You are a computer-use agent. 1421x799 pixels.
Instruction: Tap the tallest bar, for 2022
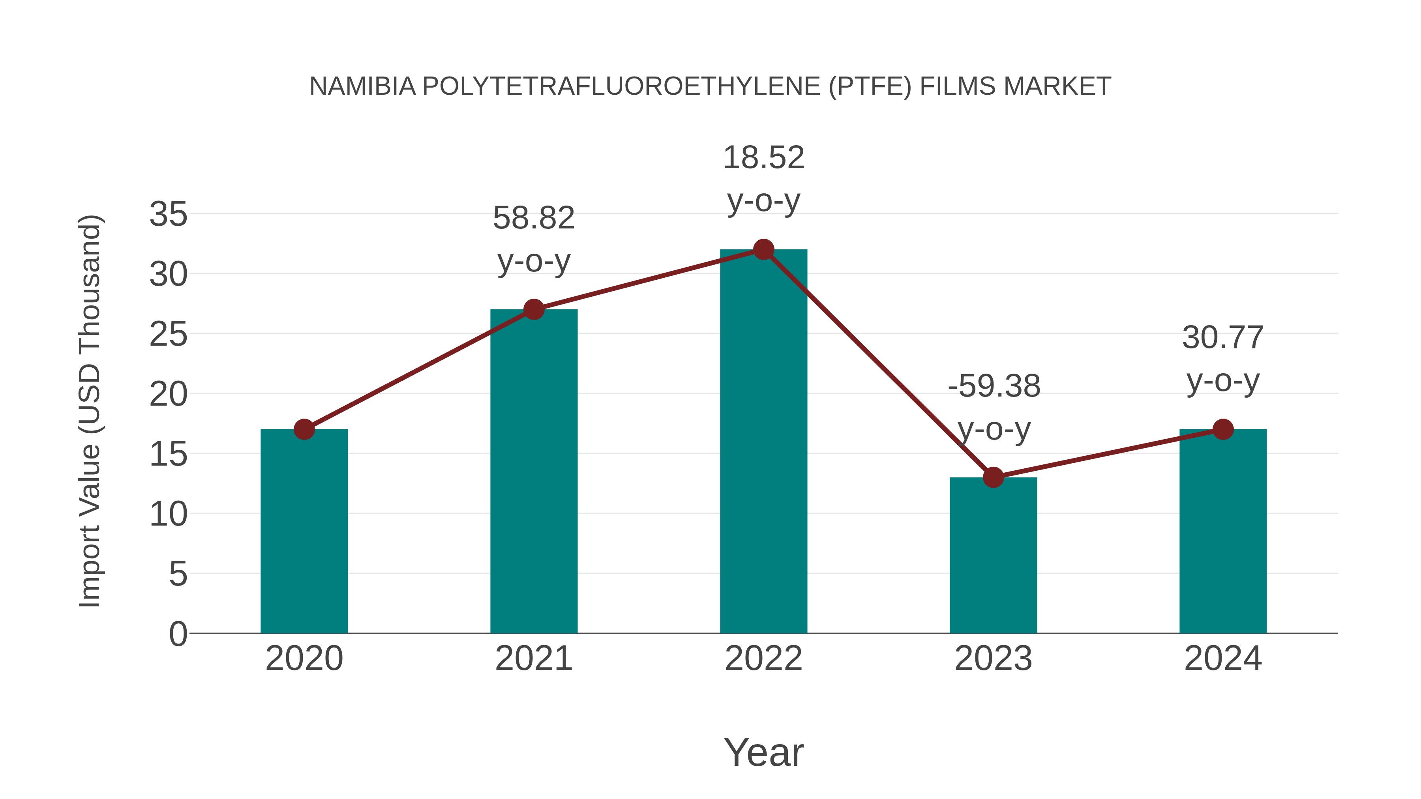click(763, 441)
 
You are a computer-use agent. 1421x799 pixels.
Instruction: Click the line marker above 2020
click(304, 429)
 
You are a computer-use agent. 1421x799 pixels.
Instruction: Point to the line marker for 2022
click(763, 249)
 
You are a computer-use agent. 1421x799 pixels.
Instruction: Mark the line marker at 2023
click(993, 477)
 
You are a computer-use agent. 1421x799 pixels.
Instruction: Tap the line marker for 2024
click(1223, 429)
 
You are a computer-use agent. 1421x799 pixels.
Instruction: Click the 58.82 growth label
click(533, 218)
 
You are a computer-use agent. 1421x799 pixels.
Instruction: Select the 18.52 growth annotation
click(763, 158)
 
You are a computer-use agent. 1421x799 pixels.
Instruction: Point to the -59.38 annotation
click(994, 386)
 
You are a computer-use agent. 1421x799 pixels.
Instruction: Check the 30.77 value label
click(1222, 337)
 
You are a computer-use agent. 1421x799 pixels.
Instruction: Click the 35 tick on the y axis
click(168, 214)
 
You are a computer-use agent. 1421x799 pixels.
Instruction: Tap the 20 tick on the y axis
click(168, 394)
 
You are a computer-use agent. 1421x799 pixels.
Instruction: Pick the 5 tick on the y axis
click(178, 574)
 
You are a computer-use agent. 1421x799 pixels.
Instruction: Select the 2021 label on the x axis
click(533, 659)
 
